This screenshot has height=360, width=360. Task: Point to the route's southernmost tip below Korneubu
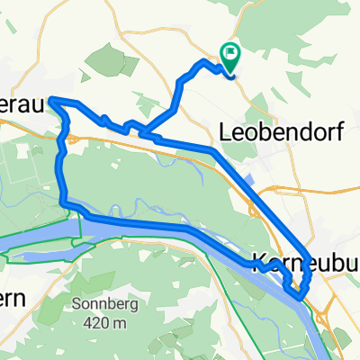296,292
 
